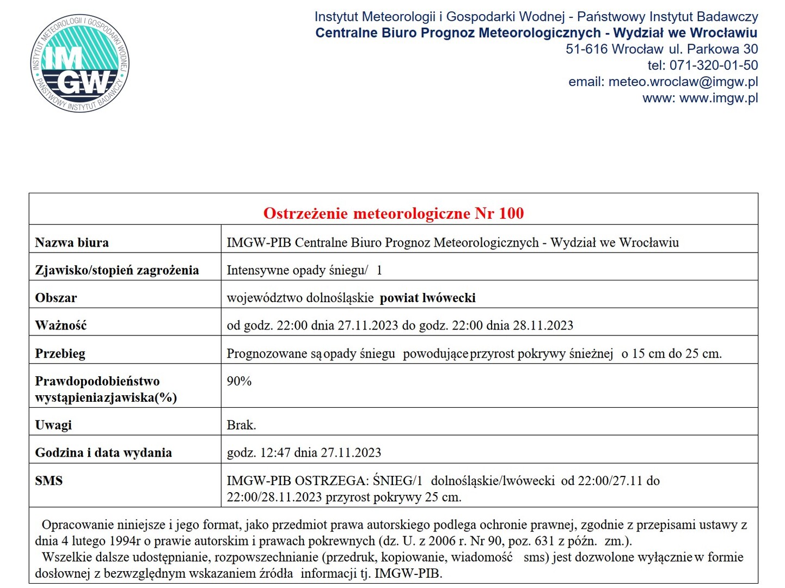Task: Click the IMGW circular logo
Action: pos(80,63)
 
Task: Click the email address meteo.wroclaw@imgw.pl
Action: pos(683,82)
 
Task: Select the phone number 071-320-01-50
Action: pos(713,65)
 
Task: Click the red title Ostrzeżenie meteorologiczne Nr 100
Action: pos(393,213)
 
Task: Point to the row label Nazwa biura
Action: pos(72,242)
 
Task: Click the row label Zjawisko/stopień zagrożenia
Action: pos(116,270)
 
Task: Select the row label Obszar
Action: pos(56,298)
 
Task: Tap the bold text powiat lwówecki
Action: pos(427,298)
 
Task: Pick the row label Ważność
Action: pos(61,326)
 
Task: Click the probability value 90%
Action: pos(239,381)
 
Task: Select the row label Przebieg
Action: pos(60,353)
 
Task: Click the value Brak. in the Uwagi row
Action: pos(241,425)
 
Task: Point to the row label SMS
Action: pos(49,481)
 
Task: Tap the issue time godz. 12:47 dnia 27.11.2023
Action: pos(304,452)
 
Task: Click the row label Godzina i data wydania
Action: pos(103,452)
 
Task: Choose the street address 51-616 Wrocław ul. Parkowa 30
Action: pos(661,49)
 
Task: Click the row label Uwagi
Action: pos(53,425)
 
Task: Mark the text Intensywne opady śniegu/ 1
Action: pos(304,270)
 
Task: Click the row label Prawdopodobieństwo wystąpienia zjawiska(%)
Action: pos(106,389)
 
